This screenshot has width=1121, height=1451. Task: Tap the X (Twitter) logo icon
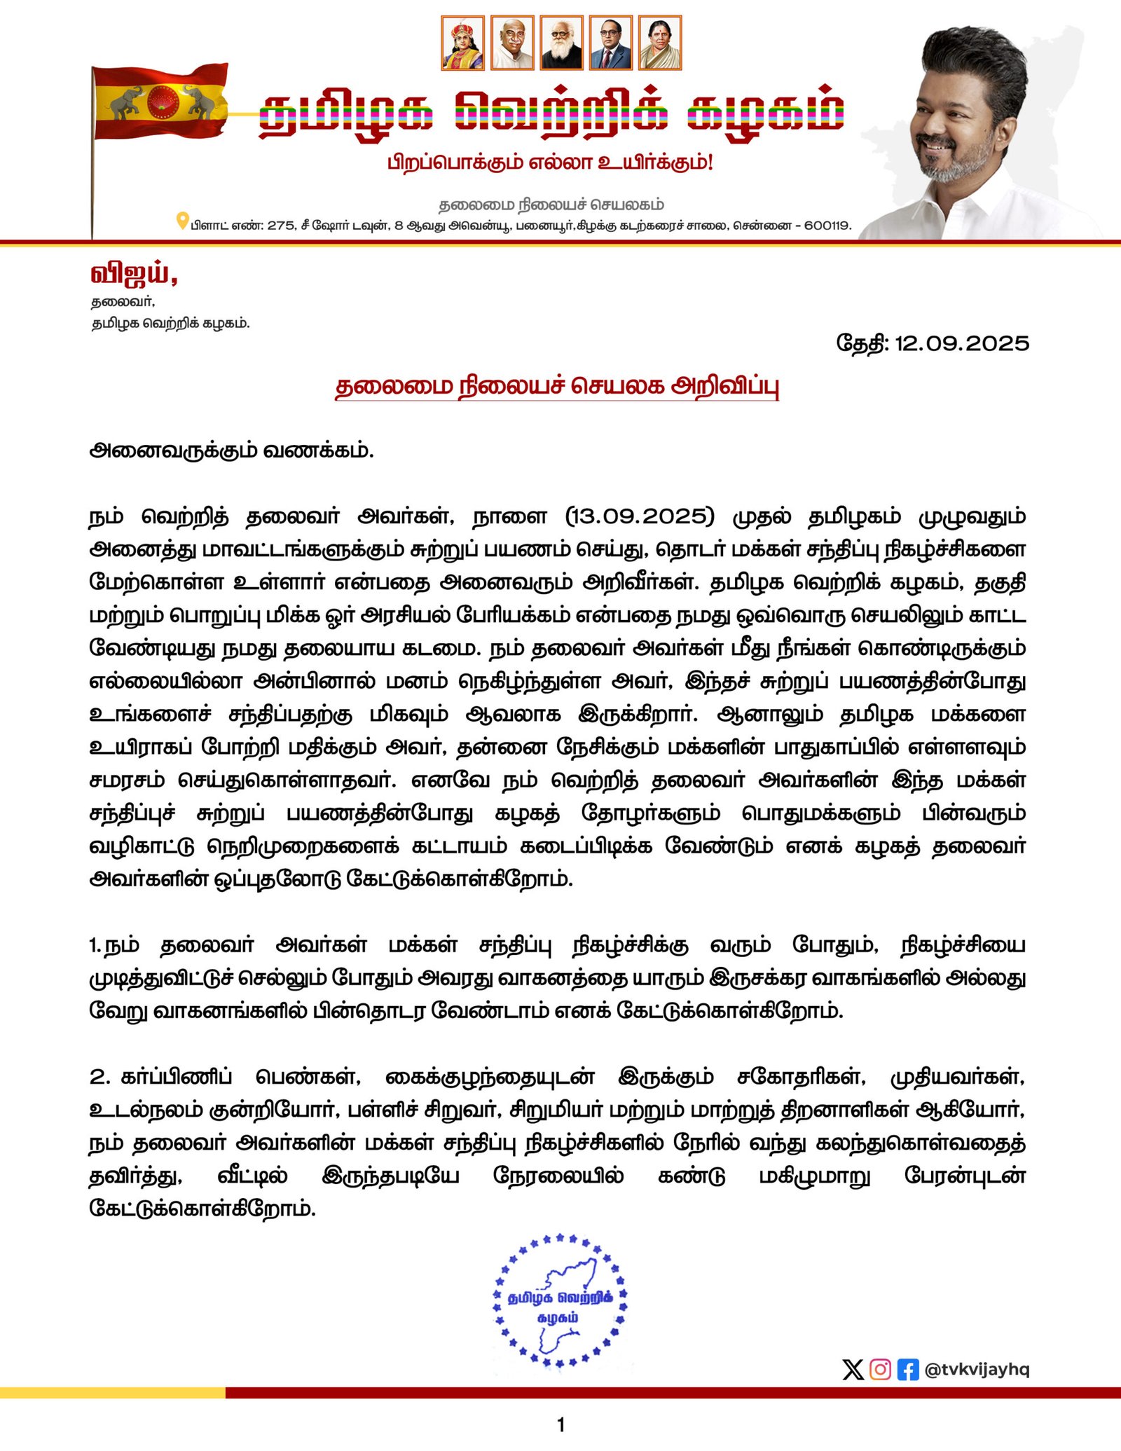click(x=853, y=1369)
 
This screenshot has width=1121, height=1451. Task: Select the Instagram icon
click(x=880, y=1369)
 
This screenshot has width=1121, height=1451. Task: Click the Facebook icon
click(x=907, y=1369)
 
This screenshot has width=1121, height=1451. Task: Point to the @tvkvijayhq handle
click(x=977, y=1369)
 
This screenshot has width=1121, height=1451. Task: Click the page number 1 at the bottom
click(x=560, y=1424)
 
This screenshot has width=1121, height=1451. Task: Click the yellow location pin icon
click(x=182, y=221)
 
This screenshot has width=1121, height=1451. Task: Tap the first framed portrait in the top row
click(x=462, y=43)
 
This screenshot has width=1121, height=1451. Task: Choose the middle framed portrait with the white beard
click(x=561, y=43)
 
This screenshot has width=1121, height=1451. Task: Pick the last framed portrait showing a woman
click(x=659, y=43)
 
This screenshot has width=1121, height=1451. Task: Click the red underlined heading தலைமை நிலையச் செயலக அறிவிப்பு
click(x=557, y=386)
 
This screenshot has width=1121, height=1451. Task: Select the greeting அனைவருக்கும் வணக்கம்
click(x=231, y=450)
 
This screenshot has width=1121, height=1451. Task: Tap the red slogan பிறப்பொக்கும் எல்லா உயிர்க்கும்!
click(x=550, y=163)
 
